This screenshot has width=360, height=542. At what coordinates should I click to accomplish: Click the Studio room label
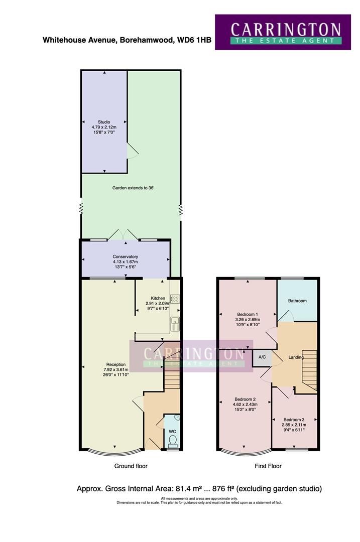tap(104, 122)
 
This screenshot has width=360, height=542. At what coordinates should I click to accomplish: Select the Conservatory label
tap(125, 256)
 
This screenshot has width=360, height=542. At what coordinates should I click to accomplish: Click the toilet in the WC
tap(173, 441)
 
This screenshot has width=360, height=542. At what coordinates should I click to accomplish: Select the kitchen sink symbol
tap(175, 323)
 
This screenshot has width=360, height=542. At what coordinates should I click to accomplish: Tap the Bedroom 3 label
tap(294, 420)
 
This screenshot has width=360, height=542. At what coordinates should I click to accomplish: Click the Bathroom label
tap(297, 301)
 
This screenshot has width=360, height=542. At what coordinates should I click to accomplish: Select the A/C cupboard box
tap(262, 357)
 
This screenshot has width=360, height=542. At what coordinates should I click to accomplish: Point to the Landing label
tap(296, 357)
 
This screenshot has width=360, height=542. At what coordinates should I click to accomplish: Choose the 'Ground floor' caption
tap(131, 466)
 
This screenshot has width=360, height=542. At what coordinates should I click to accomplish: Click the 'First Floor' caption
tap(268, 466)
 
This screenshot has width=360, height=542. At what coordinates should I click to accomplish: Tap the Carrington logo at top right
tap(285, 32)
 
